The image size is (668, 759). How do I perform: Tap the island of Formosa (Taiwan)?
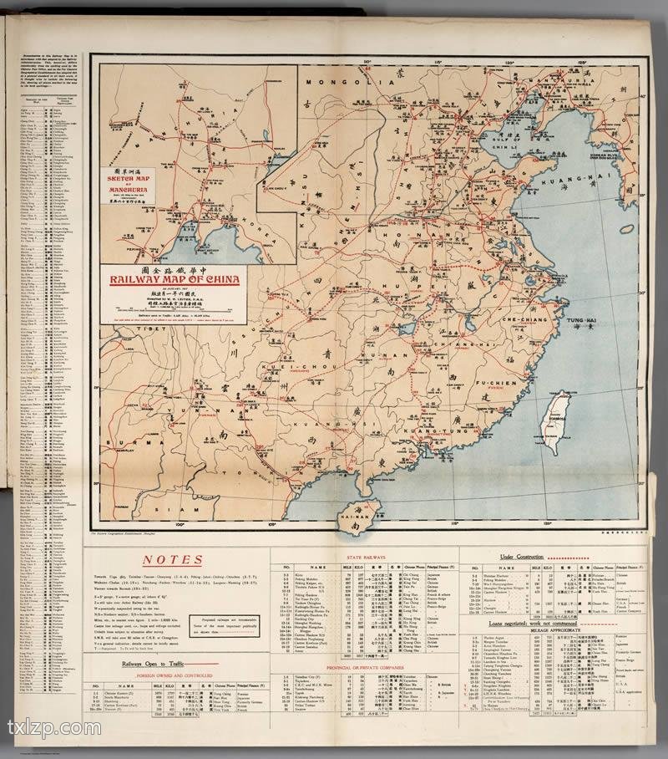click(x=554, y=421)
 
